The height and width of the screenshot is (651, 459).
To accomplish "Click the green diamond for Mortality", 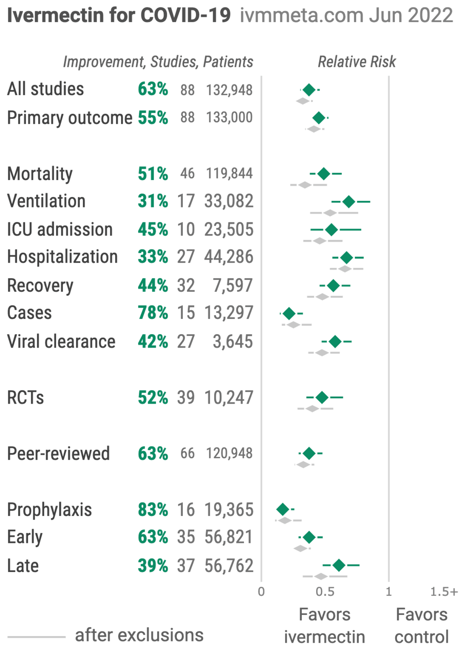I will [324, 174].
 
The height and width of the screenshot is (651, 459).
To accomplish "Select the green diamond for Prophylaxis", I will [283, 510].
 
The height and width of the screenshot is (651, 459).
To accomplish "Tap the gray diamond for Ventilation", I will [330, 213].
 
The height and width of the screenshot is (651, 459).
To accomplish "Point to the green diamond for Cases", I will [289, 314].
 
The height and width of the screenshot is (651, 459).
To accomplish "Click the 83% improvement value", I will [152, 510].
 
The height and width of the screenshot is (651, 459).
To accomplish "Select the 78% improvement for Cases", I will [152, 313].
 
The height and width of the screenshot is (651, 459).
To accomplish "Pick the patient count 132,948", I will [229, 90].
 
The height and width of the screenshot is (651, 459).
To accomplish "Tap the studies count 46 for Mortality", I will [187, 174].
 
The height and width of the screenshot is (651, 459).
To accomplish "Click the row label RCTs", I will [26, 398].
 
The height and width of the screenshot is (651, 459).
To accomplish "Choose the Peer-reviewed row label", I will [59, 454].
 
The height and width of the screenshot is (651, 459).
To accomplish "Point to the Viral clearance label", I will [61, 342].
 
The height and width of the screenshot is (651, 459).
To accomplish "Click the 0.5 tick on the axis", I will [325, 592].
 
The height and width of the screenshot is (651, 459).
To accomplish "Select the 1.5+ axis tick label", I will [444, 592].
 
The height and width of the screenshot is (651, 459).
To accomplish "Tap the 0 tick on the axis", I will [261, 592].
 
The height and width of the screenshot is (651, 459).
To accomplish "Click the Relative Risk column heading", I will [357, 62].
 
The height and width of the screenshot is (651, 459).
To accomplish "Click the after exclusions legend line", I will [36, 637].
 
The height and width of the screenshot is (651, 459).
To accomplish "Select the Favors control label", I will [421, 626].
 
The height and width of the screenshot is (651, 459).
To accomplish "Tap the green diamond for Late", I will [339, 566].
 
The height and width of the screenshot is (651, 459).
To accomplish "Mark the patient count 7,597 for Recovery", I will [233, 286].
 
